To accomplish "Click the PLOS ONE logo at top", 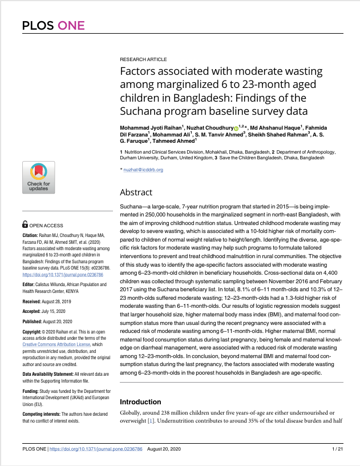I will (53, 25).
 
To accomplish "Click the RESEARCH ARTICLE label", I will (143, 59).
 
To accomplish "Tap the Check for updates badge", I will (39, 177).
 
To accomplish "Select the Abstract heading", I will (136, 192).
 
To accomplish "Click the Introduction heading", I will (140, 402).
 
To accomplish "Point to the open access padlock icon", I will (25, 225).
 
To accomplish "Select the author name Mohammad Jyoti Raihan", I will (150, 127).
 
